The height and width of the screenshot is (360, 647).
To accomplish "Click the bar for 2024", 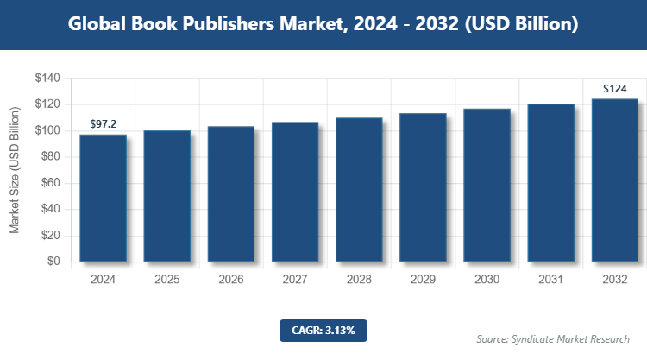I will click(x=103, y=198).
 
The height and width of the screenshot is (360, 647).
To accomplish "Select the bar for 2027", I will click(x=295, y=192).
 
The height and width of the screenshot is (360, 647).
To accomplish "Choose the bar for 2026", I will click(x=231, y=193).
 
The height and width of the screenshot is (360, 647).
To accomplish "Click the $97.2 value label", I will click(x=103, y=124).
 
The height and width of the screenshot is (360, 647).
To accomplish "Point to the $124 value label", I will click(x=614, y=88).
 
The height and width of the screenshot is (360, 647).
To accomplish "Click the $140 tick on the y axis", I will click(x=47, y=79).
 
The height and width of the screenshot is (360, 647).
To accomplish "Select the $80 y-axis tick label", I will click(x=50, y=157).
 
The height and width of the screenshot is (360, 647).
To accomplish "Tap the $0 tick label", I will click(x=53, y=262).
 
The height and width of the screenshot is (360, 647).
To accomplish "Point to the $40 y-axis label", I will click(x=50, y=209).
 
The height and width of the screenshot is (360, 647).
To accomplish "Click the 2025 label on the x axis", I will click(x=166, y=280).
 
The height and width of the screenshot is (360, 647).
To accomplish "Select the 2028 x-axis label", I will click(x=359, y=280).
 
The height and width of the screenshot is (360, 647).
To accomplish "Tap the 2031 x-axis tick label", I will click(x=550, y=280).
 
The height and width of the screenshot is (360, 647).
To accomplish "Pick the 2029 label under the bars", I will click(x=423, y=280).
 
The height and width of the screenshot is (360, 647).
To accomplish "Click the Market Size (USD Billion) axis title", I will click(x=15, y=170).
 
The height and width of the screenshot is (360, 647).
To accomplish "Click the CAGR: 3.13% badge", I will click(x=323, y=330).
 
